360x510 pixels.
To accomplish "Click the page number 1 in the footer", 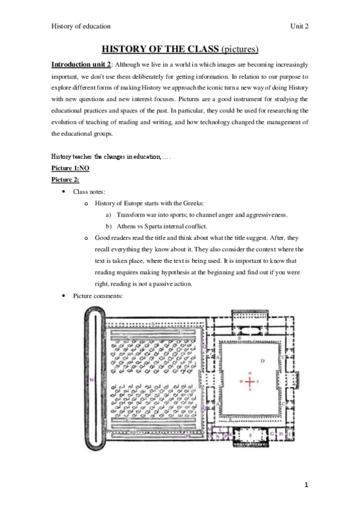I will point(305,485).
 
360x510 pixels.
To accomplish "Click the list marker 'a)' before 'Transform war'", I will point(108,215).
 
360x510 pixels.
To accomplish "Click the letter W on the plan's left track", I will point(91,380).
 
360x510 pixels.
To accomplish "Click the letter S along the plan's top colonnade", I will point(153,324).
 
